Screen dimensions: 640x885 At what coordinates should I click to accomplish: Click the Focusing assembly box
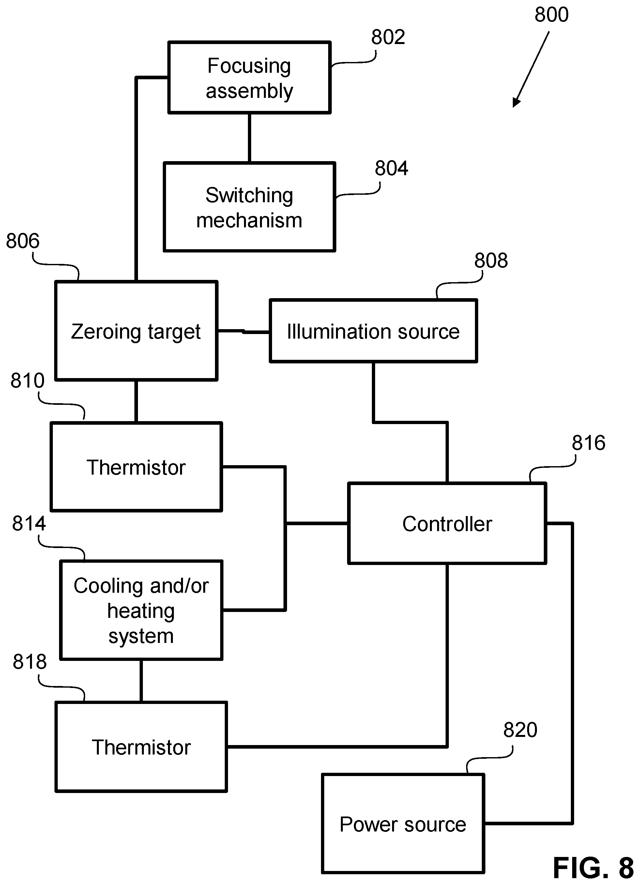pos(249,77)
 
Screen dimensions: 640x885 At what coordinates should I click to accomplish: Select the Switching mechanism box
pos(249,207)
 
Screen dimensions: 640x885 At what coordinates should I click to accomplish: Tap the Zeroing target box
pos(136,330)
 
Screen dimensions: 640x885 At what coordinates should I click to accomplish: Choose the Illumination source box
pos(373,331)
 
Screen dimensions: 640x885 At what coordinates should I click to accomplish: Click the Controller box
pos(447,523)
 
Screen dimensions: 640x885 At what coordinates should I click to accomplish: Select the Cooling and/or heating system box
pos(141,610)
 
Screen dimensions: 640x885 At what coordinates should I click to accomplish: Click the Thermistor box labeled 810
pos(137,467)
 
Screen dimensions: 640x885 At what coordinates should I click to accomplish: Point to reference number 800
pos(551,15)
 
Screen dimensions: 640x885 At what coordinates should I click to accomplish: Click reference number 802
pos(388,38)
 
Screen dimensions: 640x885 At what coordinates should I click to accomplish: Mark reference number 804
pos(391,169)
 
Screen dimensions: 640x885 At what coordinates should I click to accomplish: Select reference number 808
pos(491,260)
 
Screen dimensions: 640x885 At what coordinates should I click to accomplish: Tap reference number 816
pos(588,443)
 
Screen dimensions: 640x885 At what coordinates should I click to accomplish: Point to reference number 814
pos(29,523)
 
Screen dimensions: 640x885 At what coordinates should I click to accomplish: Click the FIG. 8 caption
pos(593,867)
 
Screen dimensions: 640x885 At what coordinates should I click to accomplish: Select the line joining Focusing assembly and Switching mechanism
pos(249,138)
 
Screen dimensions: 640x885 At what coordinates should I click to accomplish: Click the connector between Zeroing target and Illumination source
pos(244,331)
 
